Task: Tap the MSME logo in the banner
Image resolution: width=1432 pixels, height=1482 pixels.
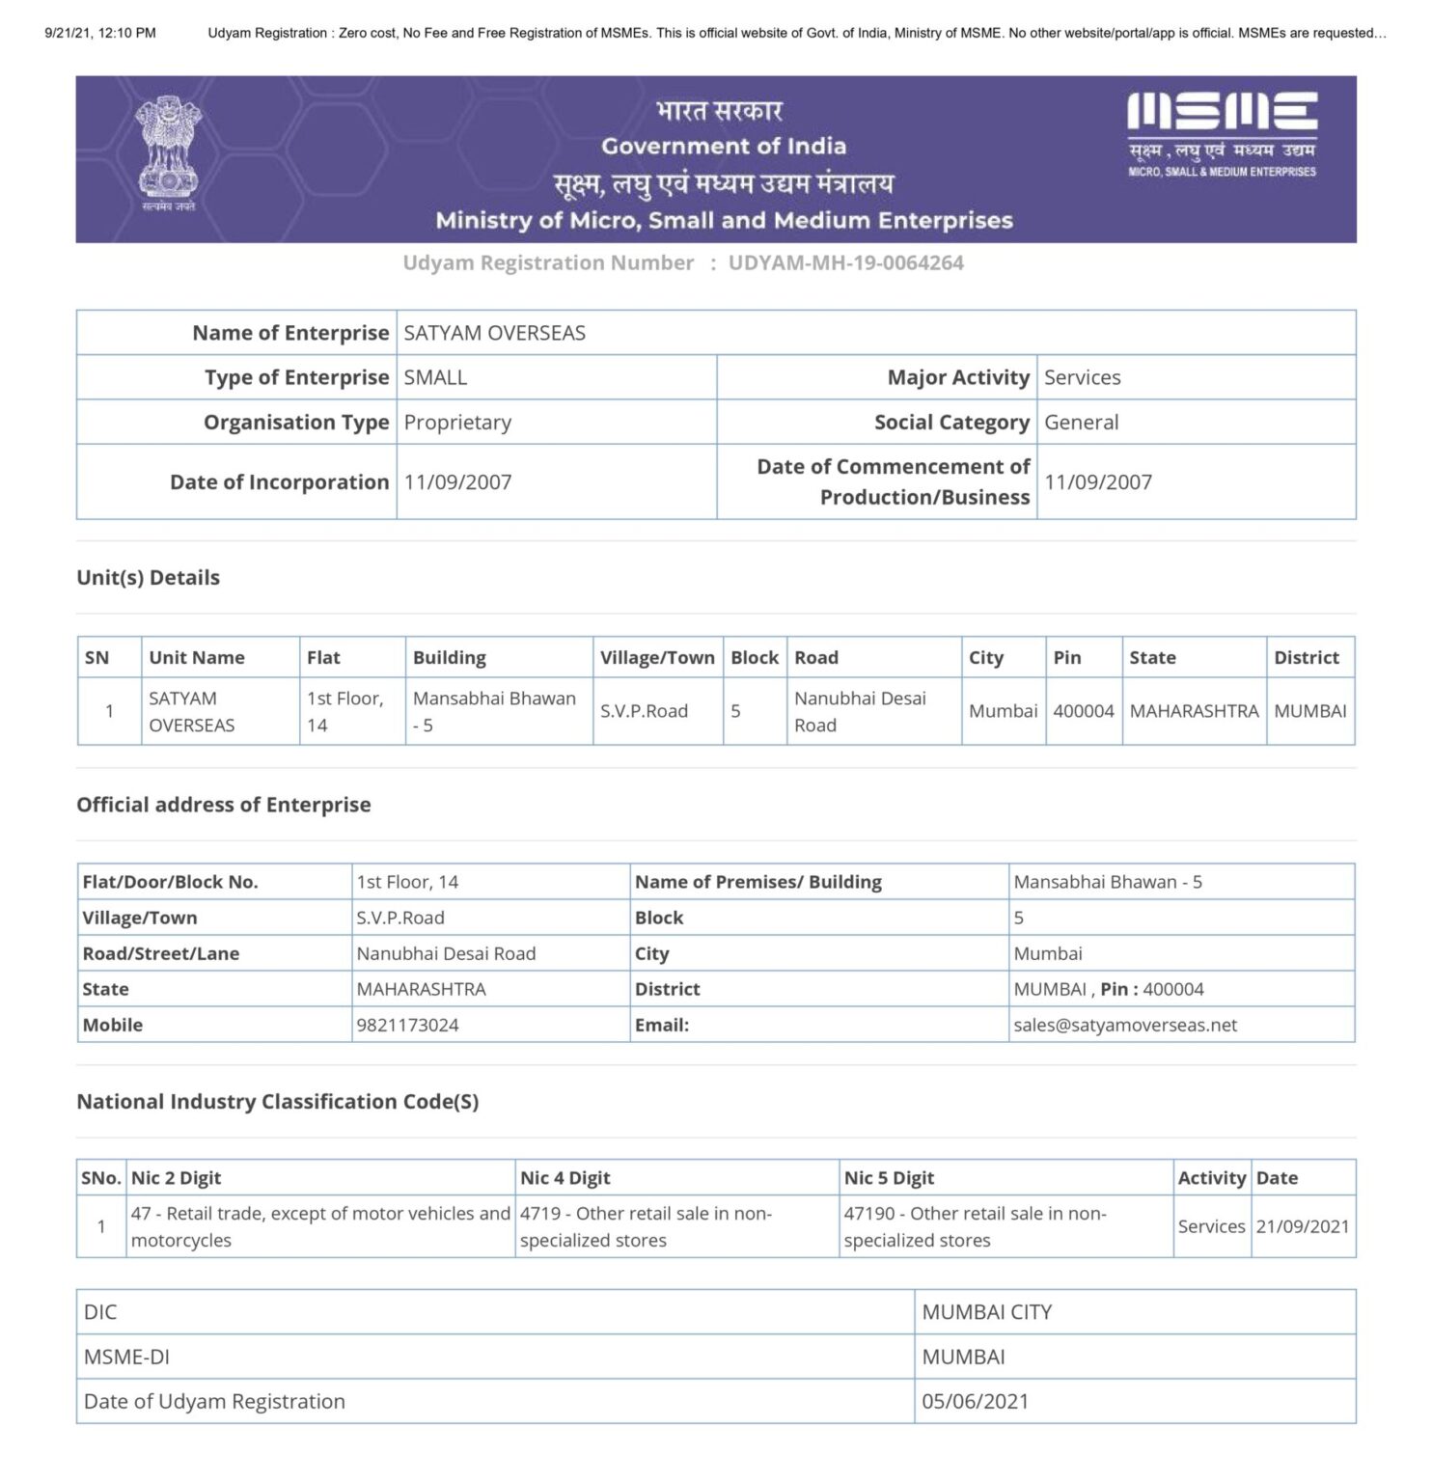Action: coord(1222,134)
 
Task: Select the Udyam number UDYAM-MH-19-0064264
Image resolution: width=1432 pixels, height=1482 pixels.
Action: coord(845,263)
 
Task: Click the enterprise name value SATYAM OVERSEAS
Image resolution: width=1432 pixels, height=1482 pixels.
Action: coord(494,334)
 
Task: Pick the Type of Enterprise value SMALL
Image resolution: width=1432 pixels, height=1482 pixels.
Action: coord(435,378)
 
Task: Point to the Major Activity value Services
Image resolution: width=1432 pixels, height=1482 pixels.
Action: coord(1082,378)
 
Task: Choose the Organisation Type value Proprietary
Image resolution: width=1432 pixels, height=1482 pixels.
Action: coord(457,423)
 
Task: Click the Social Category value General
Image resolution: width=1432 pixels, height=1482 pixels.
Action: coord(1081,423)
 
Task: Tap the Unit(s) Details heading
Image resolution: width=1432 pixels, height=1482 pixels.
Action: coord(149,578)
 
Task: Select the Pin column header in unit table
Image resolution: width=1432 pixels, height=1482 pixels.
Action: coord(1066,658)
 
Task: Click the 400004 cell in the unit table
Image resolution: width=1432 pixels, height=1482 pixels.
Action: coord(1083,711)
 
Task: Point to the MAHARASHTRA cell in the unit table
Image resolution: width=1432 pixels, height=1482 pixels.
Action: coord(1194,711)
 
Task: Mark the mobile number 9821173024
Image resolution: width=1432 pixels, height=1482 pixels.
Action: coord(407,1026)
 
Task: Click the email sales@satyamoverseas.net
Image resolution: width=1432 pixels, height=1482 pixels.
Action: coord(1124,1026)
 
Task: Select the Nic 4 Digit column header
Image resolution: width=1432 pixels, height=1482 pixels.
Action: coord(565,1178)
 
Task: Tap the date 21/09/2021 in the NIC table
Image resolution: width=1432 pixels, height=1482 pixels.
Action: coord(1302,1227)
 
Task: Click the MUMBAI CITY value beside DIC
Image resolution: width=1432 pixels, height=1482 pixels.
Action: coord(986,1313)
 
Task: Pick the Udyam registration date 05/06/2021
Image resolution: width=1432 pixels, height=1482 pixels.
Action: coord(975,1402)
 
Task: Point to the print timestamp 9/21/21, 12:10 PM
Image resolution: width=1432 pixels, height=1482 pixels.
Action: coord(100,33)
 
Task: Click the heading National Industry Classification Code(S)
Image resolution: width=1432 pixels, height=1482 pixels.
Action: coord(278,1102)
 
